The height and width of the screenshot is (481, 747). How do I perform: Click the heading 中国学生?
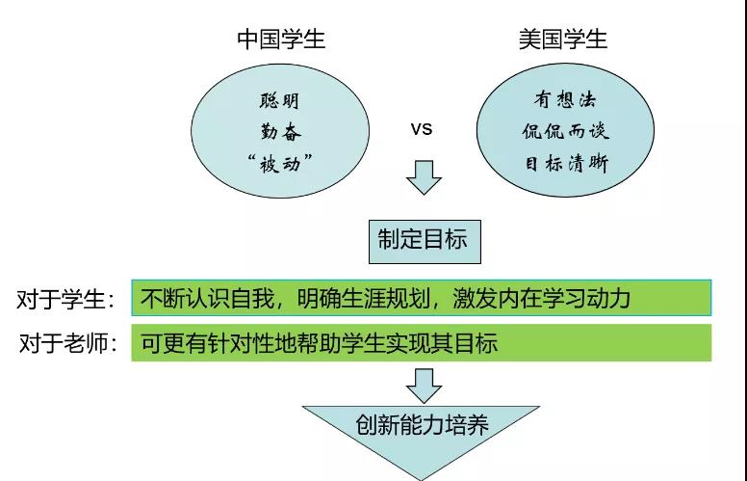(x=281, y=40)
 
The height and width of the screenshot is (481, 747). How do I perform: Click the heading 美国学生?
(x=564, y=40)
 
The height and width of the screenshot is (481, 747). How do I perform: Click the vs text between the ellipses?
(x=422, y=128)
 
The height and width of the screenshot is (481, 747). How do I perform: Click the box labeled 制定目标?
(x=423, y=239)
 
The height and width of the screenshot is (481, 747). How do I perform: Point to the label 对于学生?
(x=65, y=299)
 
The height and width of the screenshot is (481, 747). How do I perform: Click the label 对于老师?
(x=65, y=343)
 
